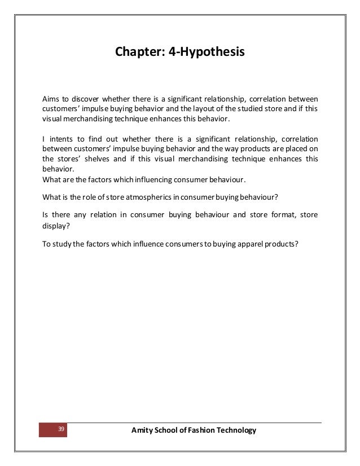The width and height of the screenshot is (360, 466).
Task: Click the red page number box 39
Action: [52, 430]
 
